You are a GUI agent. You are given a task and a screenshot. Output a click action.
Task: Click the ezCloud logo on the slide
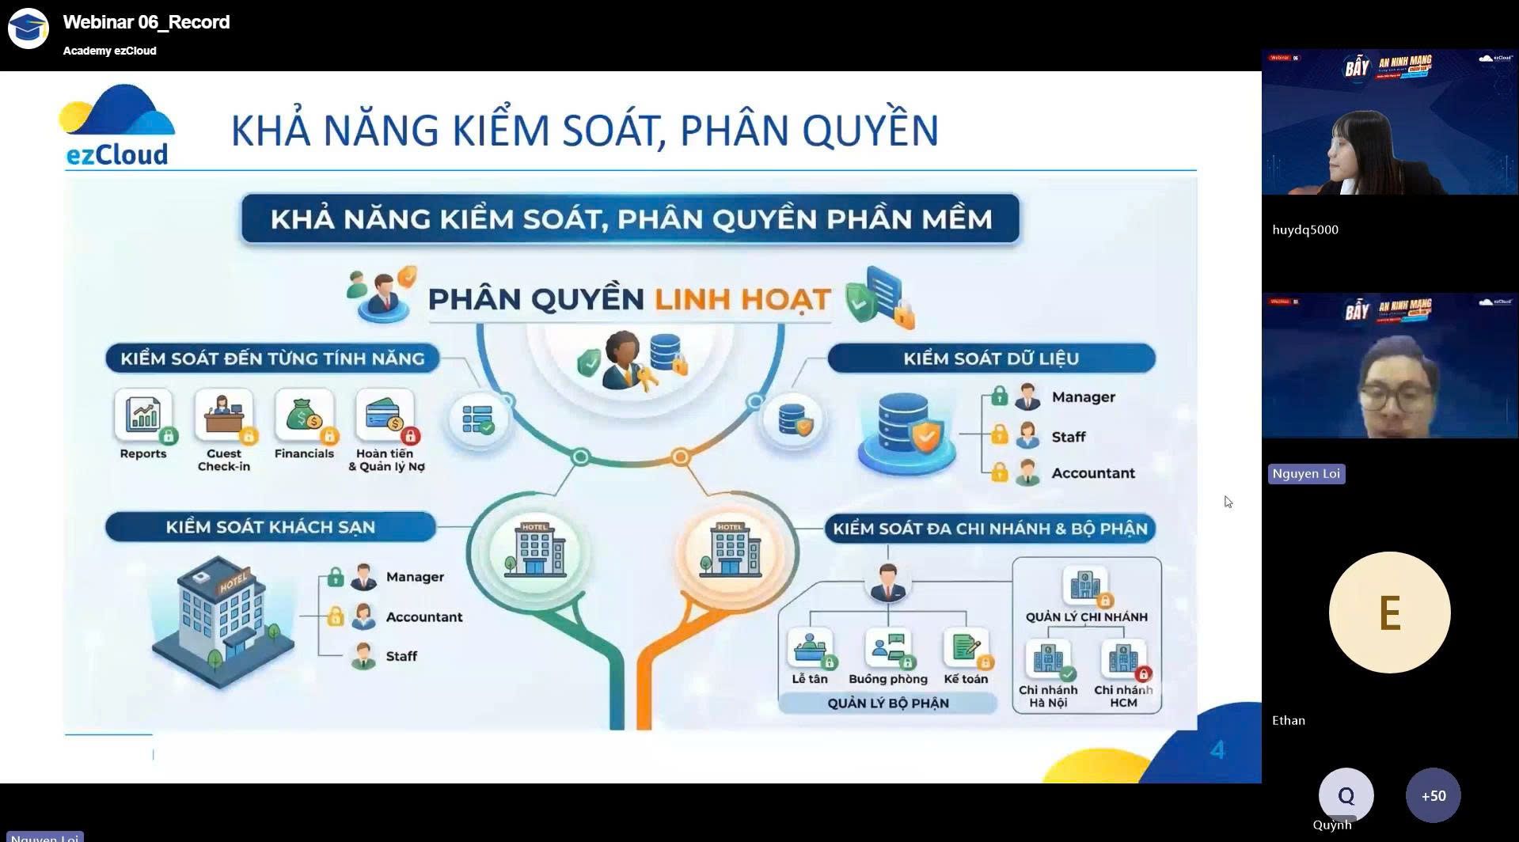tap(117, 126)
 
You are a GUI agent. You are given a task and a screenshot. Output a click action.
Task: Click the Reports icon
tap(143, 415)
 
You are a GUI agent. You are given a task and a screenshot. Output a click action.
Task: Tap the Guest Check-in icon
tap(224, 415)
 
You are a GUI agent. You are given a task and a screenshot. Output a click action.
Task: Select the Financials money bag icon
tap(305, 415)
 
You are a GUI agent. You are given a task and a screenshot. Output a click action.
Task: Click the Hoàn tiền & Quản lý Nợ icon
tap(385, 415)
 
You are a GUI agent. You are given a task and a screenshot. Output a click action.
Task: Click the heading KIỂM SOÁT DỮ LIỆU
tap(991, 358)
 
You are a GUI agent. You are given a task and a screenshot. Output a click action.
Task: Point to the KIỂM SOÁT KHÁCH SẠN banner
tap(270, 527)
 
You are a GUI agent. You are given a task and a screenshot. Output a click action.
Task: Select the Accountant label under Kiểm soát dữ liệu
tap(1092, 473)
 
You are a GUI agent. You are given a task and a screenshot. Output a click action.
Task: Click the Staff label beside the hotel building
tap(401, 656)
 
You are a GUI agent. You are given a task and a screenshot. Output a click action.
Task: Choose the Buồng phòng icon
tap(888, 649)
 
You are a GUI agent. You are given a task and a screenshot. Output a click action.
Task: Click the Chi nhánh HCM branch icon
tap(1123, 659)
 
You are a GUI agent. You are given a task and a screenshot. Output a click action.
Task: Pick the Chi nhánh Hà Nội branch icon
tap(1048, 659)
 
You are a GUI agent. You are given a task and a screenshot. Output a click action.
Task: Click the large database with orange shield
tap(906, 434)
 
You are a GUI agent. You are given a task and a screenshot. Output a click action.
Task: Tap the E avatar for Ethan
tap(1389, 613)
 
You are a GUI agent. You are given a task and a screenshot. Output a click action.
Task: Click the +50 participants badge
tap(1433, 795)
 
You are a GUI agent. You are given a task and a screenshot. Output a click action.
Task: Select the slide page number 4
tap(1217, 749)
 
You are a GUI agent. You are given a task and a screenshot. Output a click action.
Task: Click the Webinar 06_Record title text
tap(146, 22)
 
